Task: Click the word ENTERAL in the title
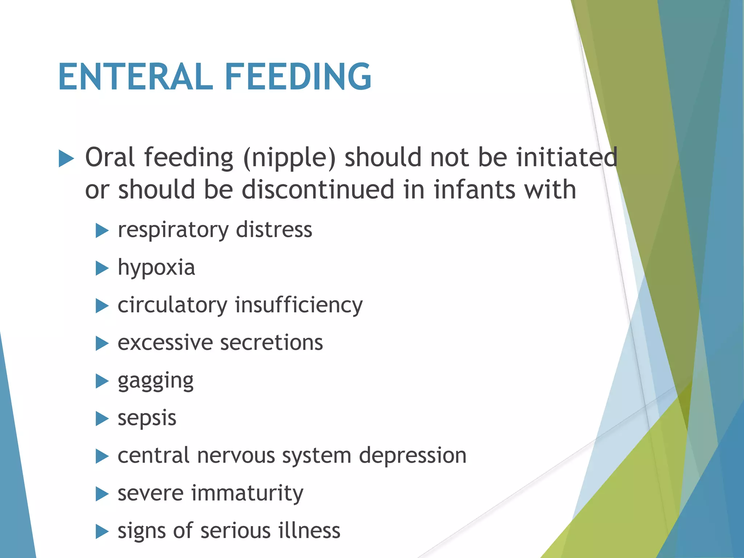tap(135, 77)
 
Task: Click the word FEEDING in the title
tap(298, 77)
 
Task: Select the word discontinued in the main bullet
tap(318, 190)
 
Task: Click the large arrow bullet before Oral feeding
tap(66, 159)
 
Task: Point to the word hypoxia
tap(156, 268)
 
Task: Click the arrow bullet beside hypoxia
tap(102, 268)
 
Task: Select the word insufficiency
tap(299, 305)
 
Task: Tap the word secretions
tap(271, 343)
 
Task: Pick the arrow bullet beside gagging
tap(102, 381)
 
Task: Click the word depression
tap(413, 456)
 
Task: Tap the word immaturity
tap(247, 493)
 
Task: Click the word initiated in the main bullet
tap(567, 158)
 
